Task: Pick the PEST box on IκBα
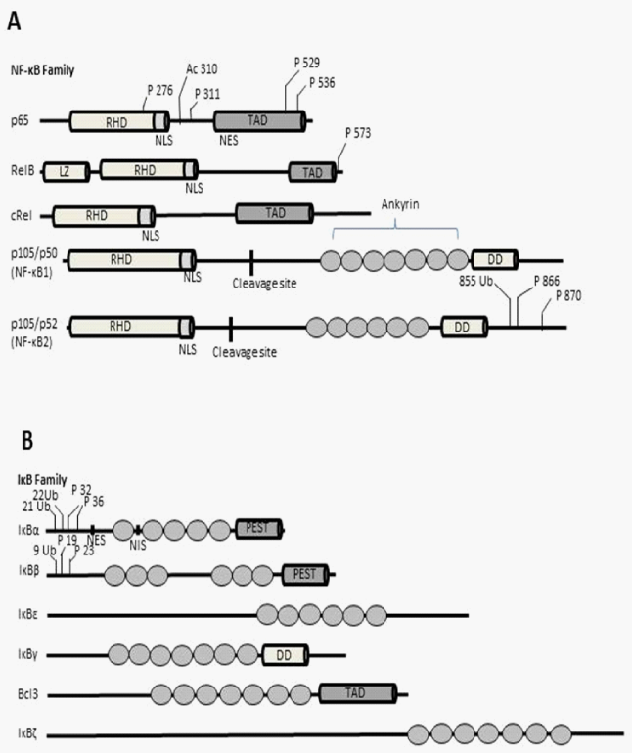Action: pyautogui.click(x=258, y=529)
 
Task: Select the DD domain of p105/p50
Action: pyautogui.click(x=495, y=259)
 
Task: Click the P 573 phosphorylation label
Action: pyautogui.click(x=359, y=132)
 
